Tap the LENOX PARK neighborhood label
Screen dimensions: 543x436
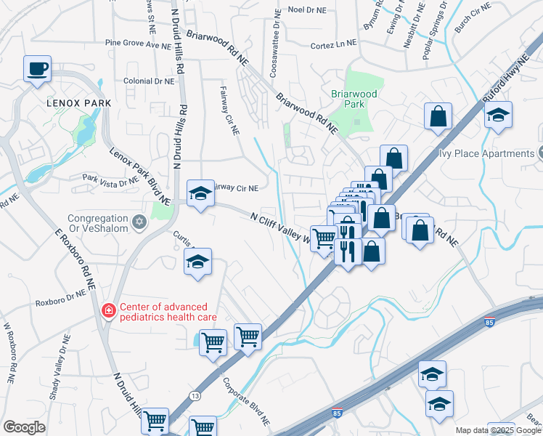click(x=78, y=103)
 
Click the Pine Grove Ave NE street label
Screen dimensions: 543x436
click(x=142, y=44)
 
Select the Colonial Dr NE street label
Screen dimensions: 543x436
click(x=149, y=81)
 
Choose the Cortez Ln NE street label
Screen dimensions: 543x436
click(x=333, y=44)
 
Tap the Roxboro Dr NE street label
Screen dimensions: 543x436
click(x=61, y=297)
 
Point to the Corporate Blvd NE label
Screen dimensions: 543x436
click(x=247, y=402)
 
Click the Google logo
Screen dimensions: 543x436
click(x=25, y=427)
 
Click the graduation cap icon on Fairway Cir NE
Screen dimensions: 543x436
click(x=200, y=193)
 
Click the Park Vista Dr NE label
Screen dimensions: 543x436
click(x=110, y=179)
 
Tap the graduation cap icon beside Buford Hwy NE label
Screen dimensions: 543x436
click(x=498, y=115)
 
